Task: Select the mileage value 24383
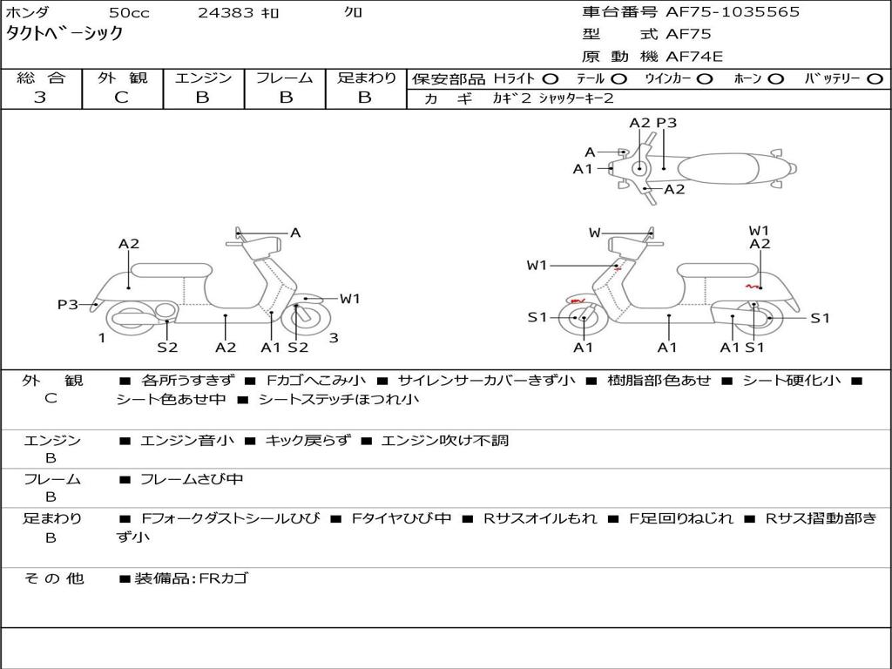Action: coord(226,13)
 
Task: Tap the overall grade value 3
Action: coord(40,98)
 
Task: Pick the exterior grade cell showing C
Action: coord(121,98)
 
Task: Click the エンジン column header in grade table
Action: coord(203,78)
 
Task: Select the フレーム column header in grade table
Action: coord(284,78)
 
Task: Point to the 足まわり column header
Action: coord(366,78)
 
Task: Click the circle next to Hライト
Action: coord(551,78)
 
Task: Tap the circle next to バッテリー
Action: coord(875,78)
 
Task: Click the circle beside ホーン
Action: coord(776,78)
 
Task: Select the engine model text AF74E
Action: coord(694,57)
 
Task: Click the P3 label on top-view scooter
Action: coord(666,123)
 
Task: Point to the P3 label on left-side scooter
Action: coord(68,304)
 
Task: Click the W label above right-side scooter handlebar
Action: coord(595,233)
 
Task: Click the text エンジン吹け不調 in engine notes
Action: coord(444,441)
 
